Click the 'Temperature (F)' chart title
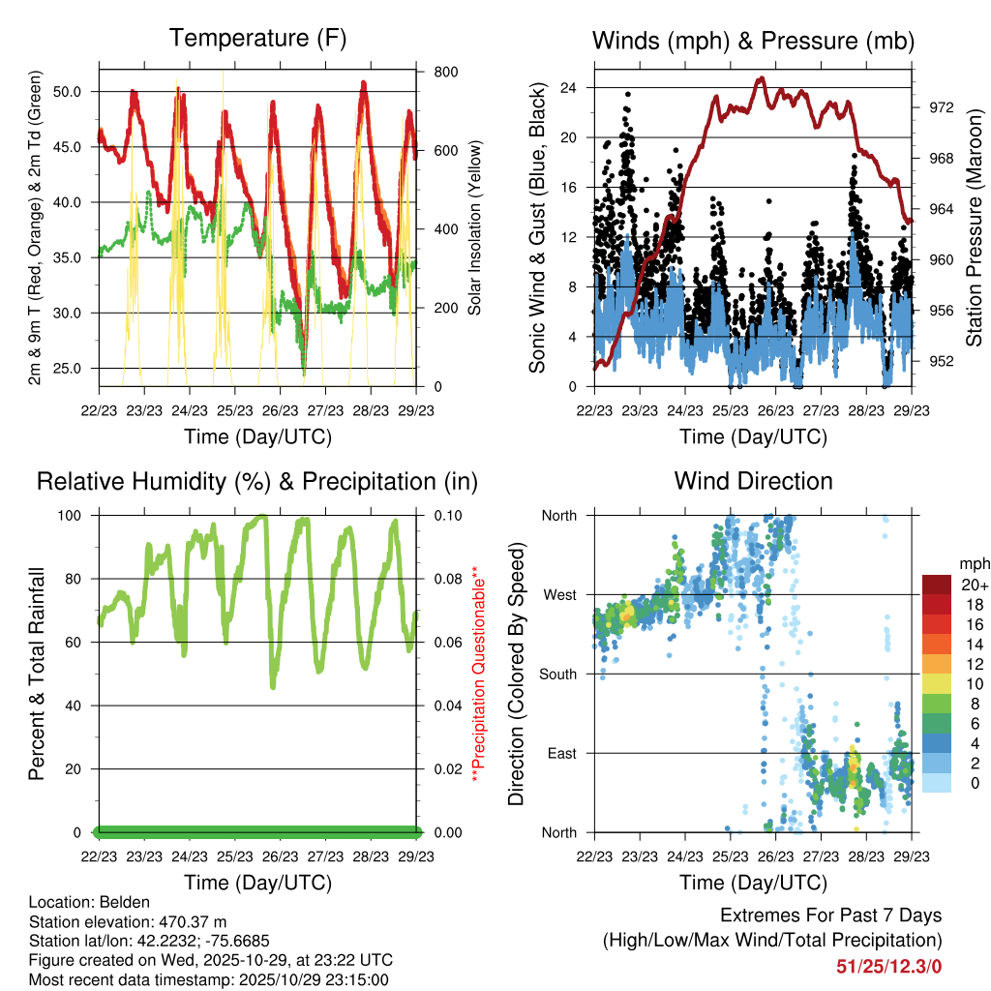point(257,39)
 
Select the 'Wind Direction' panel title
point(753,481)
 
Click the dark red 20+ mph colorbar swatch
point(936,585)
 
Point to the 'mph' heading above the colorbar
point(972,563)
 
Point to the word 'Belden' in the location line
point(113,902)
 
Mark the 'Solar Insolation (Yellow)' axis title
point(475,229)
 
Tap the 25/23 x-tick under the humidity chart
point(234,856)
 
